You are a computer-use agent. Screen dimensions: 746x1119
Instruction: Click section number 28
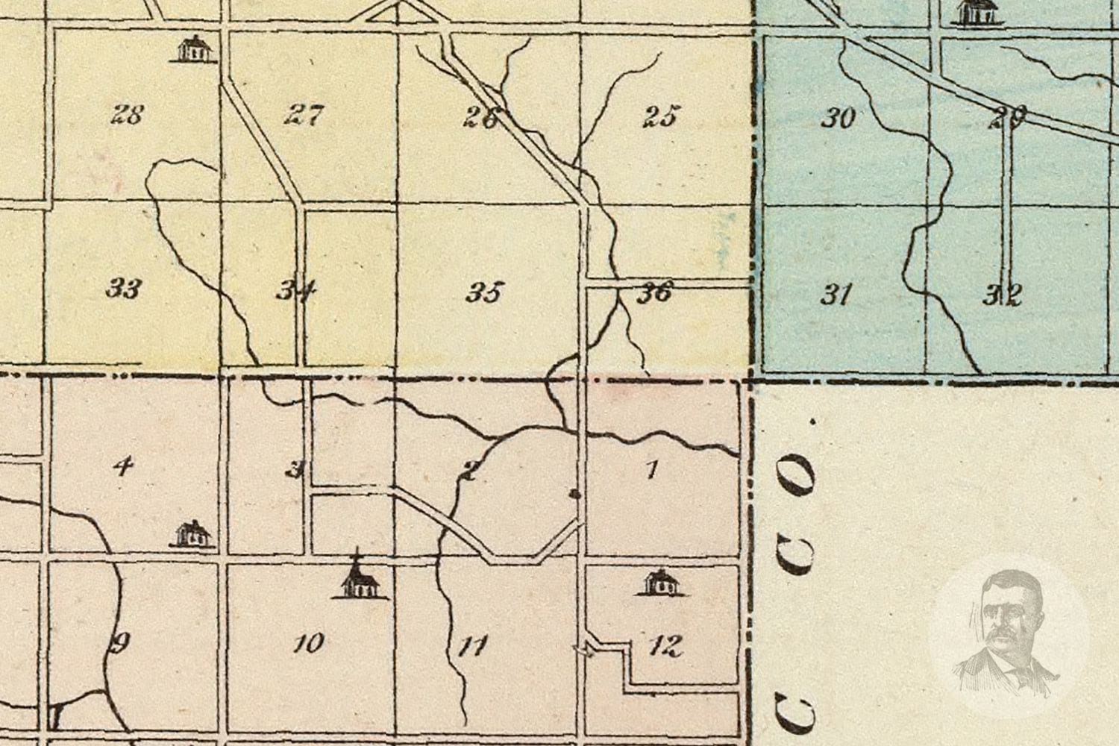tap(127, 116)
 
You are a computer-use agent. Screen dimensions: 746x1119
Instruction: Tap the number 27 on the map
tap(304, 116)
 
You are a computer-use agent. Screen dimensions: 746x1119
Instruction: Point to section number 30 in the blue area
tap(837, 118)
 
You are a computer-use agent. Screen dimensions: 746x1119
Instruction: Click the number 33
tap(123, 288)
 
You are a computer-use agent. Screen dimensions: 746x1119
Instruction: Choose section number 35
tap(484, 292)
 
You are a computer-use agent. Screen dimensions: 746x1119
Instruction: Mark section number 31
tap(836, 295)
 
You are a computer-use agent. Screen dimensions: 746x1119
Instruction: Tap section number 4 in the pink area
tap(122, 467)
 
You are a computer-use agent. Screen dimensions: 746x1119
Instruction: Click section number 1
tap(653, 470)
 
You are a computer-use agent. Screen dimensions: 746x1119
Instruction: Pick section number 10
tap(308, 642)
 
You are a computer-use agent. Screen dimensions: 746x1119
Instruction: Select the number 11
tap(473, 645)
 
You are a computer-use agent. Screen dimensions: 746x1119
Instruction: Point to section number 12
tap(665, 645)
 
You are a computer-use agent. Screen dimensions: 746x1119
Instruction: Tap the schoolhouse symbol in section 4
tap(193, 534)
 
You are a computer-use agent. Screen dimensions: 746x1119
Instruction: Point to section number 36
tap(654, 292)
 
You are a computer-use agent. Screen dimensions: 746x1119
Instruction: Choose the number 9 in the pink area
tap(120, 642)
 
